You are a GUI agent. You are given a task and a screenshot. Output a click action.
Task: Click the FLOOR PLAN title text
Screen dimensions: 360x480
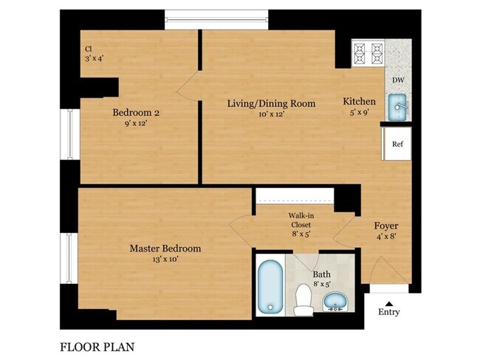97,345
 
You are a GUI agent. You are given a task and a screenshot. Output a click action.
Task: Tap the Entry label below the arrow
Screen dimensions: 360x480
388,312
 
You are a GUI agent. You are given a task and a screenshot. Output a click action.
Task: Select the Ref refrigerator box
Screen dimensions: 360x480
397,144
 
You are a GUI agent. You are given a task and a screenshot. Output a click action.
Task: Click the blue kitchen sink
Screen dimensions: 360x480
398,108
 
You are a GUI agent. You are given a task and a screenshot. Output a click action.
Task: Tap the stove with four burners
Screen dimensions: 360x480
367,52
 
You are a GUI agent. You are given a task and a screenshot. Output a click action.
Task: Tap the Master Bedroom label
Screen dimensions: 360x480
165,249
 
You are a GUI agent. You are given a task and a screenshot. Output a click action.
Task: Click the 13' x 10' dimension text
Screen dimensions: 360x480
165,260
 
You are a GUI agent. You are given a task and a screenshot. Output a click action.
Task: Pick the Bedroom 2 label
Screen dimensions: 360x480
136,113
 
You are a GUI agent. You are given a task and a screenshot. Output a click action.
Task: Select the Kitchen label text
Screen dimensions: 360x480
360,101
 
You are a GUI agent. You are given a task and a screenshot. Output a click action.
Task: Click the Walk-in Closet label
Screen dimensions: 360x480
300,220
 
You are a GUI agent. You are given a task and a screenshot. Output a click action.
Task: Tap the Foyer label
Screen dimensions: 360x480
386,226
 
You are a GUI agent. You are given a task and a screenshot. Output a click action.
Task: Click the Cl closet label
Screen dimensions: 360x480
88,50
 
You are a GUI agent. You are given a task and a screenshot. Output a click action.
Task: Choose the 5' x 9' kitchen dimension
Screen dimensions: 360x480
360,113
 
